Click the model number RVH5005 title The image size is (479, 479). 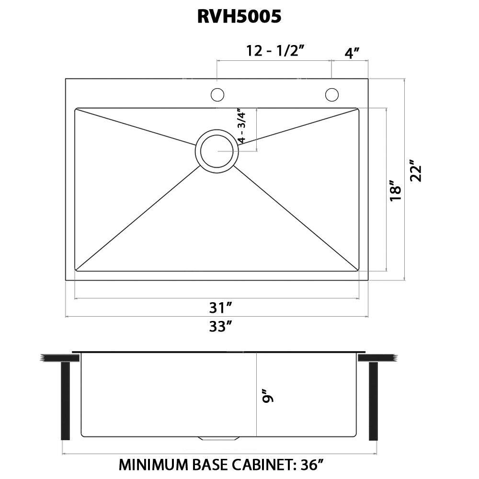[x=239, y=17]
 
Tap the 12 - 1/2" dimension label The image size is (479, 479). [x=276, y=51]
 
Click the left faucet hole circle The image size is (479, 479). [x=217, y=95]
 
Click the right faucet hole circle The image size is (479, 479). [x=331, y=95]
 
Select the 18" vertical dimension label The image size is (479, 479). [x=395, y=190]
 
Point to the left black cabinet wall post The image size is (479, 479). [x=66, y=400]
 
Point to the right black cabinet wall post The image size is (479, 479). [x=373, y=400]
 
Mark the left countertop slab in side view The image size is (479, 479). [x=56, y=358]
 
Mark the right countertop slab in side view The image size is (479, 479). [x=376, y=358]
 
